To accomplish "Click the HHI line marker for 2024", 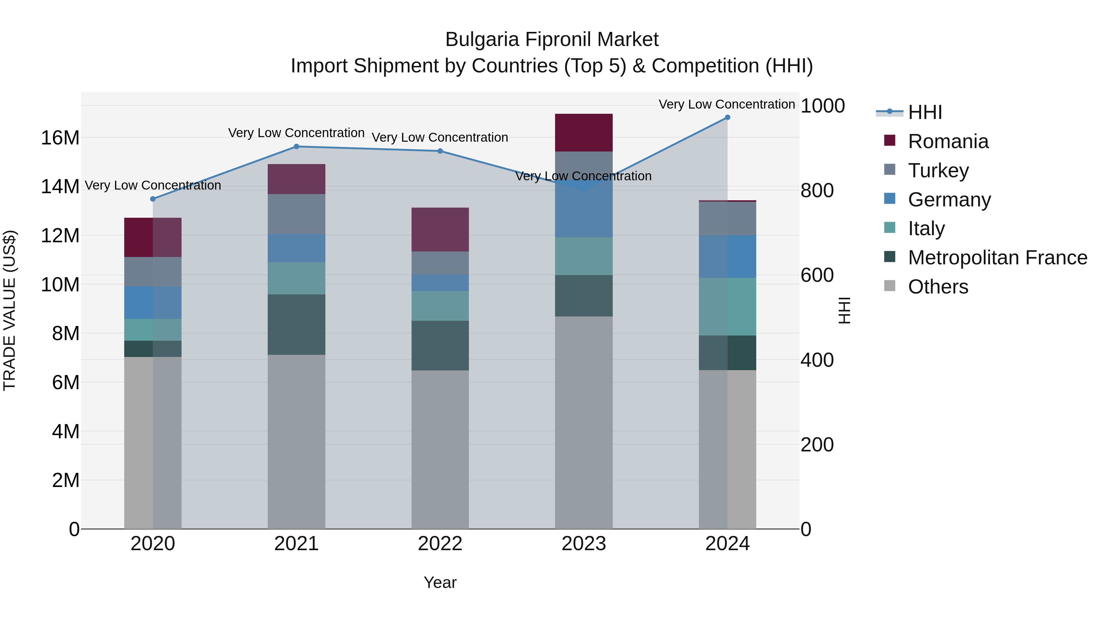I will (x=727, y=117).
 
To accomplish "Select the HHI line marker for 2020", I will (x=153, y=199).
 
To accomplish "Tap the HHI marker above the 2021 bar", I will (x=296, y=147).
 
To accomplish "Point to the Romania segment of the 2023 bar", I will (x=584, y=133).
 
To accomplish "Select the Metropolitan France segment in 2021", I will (x=296, y=324).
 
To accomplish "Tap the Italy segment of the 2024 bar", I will (x=727, y=306).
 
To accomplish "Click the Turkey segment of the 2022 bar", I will (x=440, y=263).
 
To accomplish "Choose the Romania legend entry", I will (x=948, y=141).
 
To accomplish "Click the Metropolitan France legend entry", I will (x=997, y=258).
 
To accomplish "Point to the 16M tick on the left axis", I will (x=60, y=138).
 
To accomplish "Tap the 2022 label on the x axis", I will (x=440, y=544).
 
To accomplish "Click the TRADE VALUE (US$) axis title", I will (x=10, y=310).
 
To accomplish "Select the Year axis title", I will (x=440, y=582).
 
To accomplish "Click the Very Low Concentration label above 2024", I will (x=726, y=104).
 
